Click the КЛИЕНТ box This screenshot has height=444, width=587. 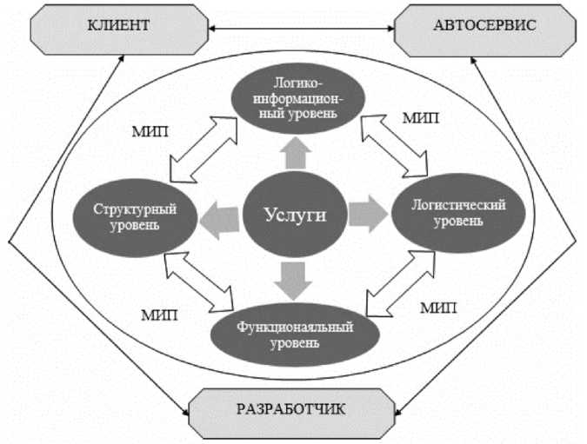(x=119, y=28)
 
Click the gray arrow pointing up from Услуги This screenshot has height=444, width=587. (x=296, y=155)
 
